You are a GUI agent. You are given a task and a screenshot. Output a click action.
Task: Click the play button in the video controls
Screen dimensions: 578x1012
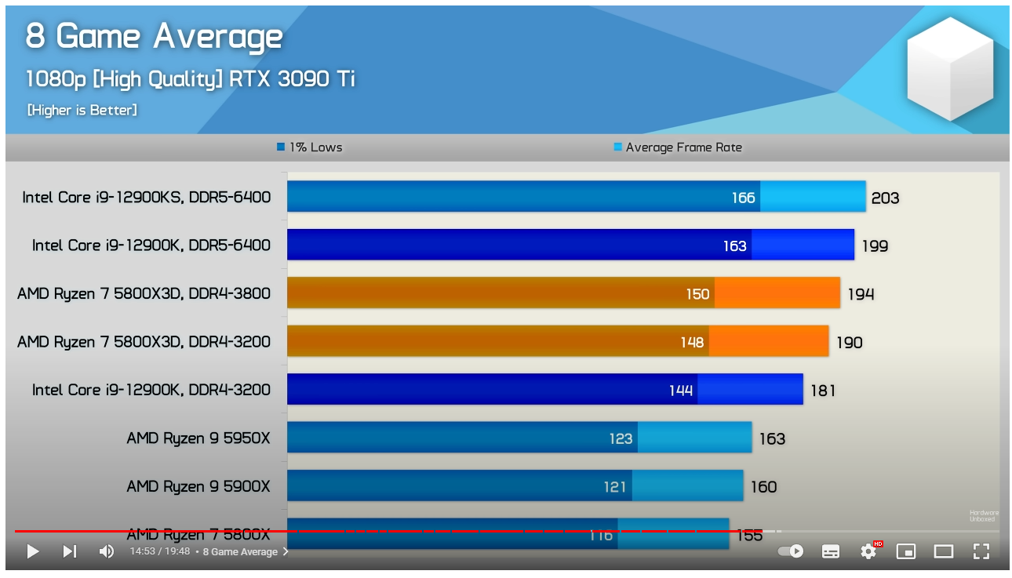click(32, 551)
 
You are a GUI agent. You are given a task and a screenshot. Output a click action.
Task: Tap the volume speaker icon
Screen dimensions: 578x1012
click(106, 551)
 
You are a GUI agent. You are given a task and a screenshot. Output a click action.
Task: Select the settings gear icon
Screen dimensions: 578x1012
click(868, 551)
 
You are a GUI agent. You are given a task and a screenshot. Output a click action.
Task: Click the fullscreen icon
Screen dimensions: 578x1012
click(981, 551)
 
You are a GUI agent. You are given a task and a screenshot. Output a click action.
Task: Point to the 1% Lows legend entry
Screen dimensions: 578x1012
click(310, 147)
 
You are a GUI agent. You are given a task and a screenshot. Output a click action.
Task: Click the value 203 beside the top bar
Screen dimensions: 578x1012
click(885, 198)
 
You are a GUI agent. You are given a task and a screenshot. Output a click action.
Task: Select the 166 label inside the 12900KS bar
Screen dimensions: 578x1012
click(743, 198)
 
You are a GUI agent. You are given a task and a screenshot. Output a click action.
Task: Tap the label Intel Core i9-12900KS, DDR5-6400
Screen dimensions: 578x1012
click(147, 197)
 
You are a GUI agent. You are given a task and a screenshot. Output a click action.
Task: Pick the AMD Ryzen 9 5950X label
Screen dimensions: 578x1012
click(198, 438)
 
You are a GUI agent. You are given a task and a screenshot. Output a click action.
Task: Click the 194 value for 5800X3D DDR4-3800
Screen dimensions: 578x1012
click(861, 294)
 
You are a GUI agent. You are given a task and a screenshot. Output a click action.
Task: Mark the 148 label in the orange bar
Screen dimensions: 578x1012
click(692, 342)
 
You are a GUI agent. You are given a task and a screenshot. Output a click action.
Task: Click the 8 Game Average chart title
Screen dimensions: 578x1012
click(155, 36)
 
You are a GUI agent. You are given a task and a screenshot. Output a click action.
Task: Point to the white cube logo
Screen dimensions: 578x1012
click(950, 69)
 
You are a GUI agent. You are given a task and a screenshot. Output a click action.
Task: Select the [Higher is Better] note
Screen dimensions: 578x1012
click(82, 111)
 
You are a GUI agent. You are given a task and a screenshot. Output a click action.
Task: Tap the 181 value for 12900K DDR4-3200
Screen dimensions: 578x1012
click(823, 391)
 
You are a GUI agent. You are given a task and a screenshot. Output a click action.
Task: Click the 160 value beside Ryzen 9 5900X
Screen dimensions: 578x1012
click(763, 487)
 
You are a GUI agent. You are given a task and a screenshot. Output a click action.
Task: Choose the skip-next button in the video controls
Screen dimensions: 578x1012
click(70, 551)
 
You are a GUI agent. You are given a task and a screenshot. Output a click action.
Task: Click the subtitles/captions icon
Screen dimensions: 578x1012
click(831, 551)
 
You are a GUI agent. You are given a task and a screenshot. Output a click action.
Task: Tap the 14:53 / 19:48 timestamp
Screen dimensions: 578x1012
click(160, 552)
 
